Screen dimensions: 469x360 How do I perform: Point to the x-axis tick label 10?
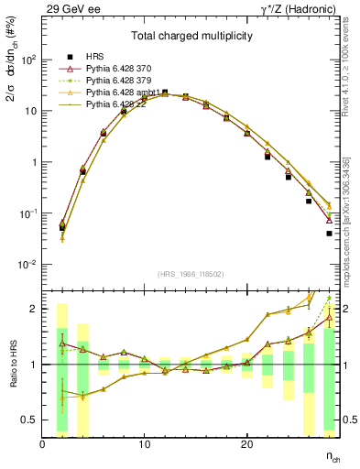[144, 444]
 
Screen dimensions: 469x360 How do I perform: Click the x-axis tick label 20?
[246, 444]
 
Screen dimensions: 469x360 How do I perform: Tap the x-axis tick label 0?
[42, 444]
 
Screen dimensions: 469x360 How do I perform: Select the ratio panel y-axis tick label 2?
[34, 309]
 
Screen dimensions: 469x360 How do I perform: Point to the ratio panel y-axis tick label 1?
[34, 365]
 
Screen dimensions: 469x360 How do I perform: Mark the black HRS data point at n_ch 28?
[329, 234]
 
